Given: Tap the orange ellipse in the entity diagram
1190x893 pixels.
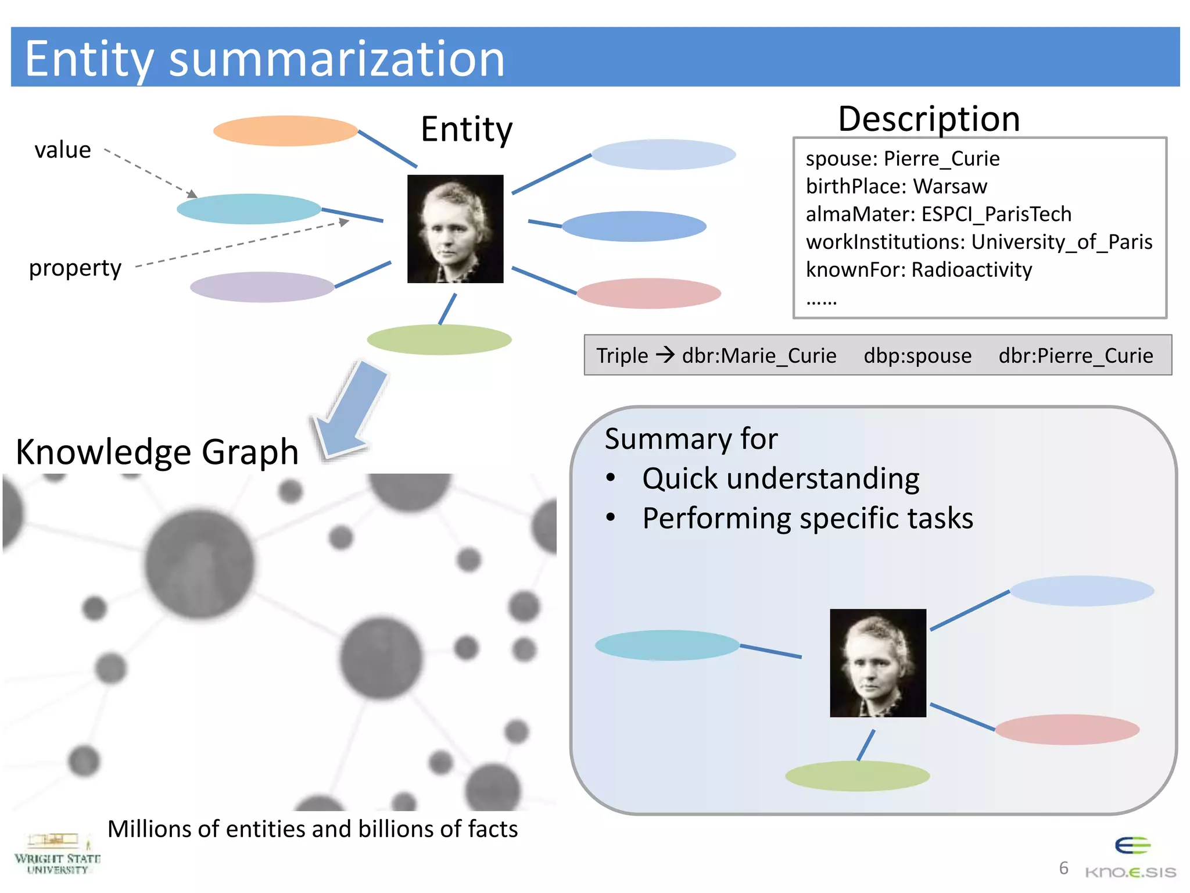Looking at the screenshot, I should coord(285,131).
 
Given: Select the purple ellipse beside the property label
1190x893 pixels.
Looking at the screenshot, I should coord(262,287).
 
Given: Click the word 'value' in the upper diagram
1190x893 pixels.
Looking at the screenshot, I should coord(63,150).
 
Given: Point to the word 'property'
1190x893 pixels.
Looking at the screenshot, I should coord(75,268).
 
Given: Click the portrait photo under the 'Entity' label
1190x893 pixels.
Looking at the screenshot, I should coord(455,229).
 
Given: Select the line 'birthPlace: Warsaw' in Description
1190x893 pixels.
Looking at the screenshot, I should coord(896,187).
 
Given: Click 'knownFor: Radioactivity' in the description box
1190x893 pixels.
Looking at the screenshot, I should coord(919,270).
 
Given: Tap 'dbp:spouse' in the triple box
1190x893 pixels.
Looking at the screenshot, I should coord(917,355).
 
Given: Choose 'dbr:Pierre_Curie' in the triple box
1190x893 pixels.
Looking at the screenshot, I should coord(1076,355).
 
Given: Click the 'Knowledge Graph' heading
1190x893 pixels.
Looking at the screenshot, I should coord(157,452).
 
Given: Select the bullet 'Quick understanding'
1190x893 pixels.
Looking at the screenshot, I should coord(780,478).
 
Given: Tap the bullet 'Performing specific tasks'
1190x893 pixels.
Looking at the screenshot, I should coord(807,518).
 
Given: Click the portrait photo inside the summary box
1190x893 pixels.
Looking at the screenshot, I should coord(877,663).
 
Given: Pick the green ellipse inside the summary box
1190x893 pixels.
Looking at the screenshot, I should coord(857,776).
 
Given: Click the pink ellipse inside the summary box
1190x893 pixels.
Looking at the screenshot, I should coord(1067,730).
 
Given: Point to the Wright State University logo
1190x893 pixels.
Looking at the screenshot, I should coord(57,853).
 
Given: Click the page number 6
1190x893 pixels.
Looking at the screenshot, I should coord(1063,868).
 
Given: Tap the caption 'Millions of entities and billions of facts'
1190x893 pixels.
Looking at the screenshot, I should coord(313,829).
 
